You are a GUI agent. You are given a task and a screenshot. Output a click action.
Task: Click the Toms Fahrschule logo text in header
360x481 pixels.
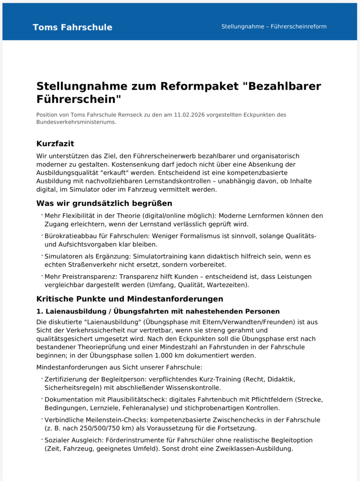click(73, 27)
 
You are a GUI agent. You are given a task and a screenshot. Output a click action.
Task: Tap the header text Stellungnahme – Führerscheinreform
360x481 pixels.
click(274, 27)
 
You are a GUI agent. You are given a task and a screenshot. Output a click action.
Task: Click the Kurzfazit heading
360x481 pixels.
click(55, 144)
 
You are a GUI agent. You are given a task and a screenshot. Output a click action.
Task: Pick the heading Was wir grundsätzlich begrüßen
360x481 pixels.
click(104, 204)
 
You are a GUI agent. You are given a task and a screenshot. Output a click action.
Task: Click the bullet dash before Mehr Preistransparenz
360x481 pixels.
click(42, 277)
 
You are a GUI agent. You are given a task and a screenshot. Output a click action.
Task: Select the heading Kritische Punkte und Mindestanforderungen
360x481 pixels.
click(129, 299)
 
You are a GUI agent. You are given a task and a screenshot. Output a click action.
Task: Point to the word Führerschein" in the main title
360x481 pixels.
click(79, 99)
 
